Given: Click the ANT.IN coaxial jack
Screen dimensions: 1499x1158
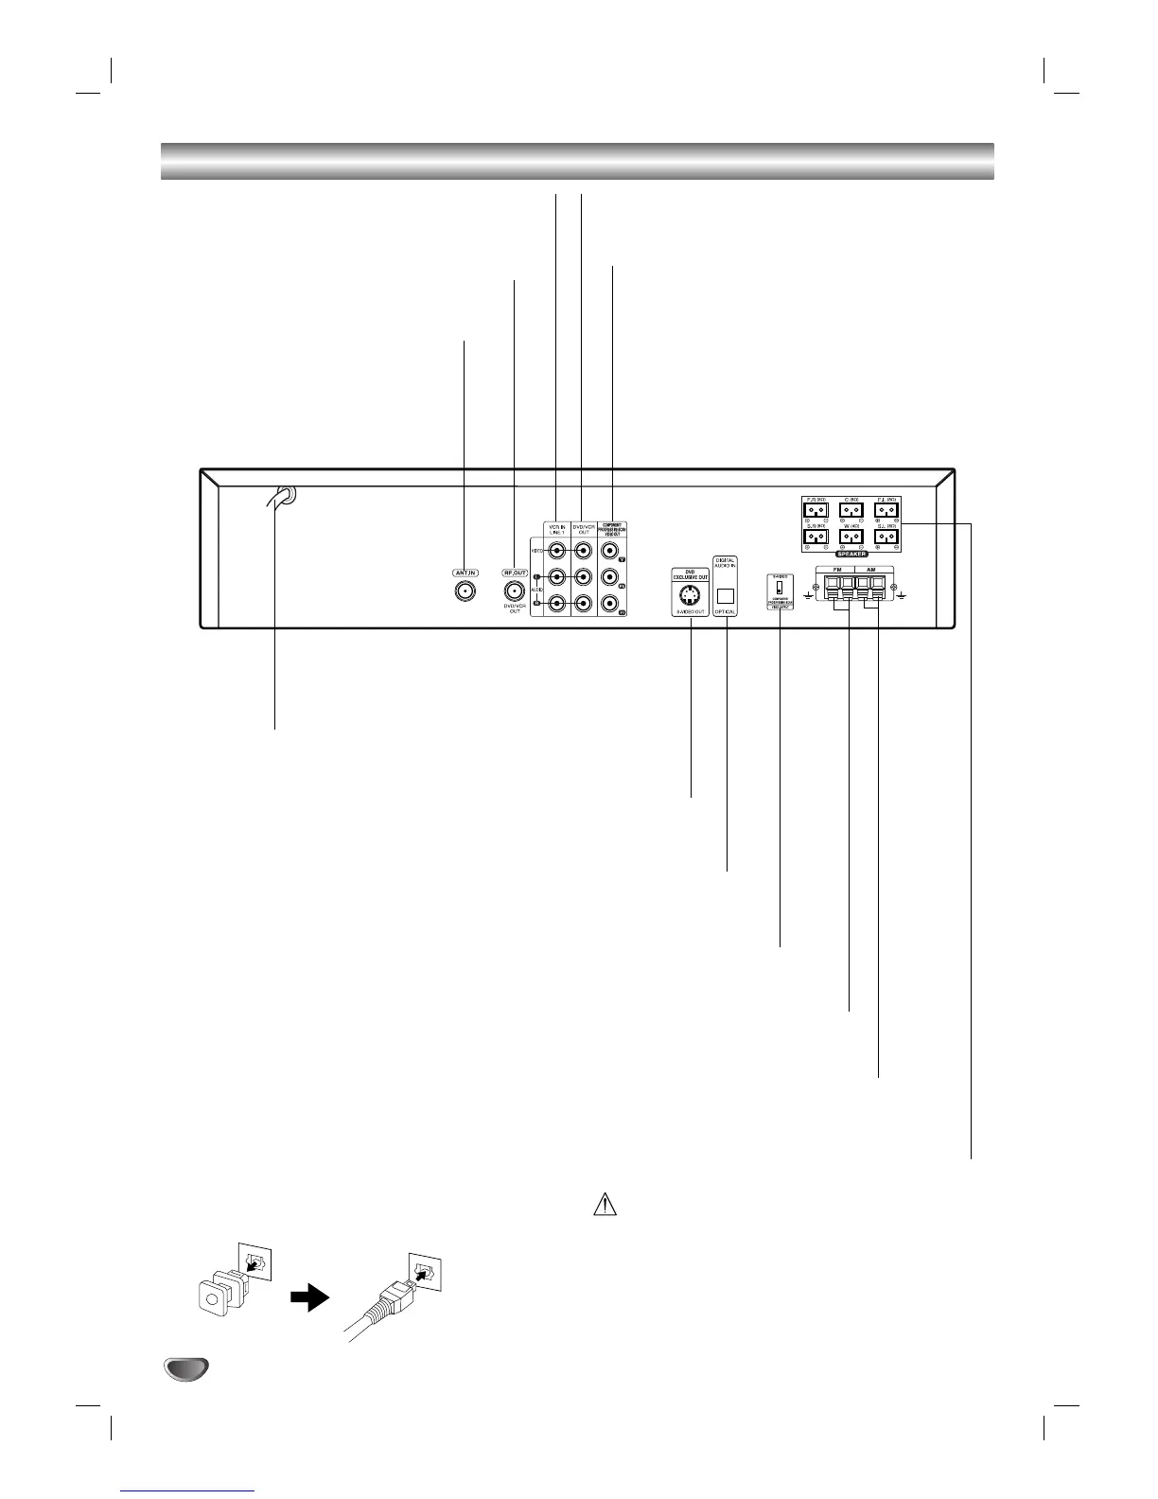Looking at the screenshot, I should pos(465,591).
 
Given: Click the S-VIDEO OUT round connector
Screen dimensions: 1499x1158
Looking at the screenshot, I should pos(691,596).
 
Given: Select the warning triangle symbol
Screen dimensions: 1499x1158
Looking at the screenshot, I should pos(605,1205).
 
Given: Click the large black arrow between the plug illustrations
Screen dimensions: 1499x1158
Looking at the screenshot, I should pos(308,1299).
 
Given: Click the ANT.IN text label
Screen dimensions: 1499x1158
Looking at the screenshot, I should pos(465,573).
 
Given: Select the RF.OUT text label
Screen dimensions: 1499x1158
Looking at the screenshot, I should pos(515,573).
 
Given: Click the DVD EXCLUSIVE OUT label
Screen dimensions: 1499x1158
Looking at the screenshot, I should pos(691,573).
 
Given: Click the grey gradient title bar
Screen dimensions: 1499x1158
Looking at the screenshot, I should pos(577,161).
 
